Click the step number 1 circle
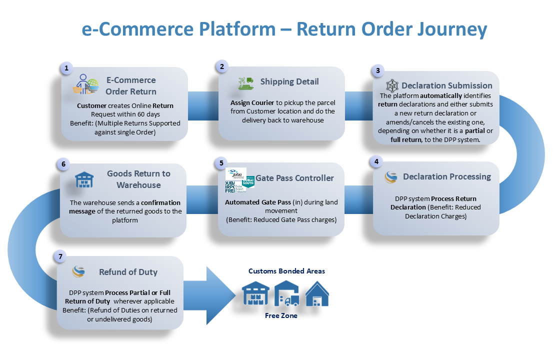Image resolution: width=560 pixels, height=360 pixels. click(65, 68)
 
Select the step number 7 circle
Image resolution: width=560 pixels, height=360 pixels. click(60, 257)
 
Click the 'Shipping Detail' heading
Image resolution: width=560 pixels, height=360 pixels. click(289, 81)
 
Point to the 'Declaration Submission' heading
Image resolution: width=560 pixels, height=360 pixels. click(446, 85)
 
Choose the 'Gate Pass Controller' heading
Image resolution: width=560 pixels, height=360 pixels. click(295, 178)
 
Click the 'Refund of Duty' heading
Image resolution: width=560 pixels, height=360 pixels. click(128, 272)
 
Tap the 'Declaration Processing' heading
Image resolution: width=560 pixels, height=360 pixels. click(447, 176)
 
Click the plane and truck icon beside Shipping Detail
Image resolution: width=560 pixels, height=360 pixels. click(246, 83)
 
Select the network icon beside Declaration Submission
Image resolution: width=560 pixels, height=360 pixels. click(392, 85)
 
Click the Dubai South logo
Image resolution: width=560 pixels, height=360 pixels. click(248, 180)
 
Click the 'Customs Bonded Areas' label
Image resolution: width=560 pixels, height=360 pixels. click(286, 271)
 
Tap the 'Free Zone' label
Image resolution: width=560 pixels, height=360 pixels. click(281, 315)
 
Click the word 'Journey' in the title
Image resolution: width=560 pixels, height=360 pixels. click(452, 29)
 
